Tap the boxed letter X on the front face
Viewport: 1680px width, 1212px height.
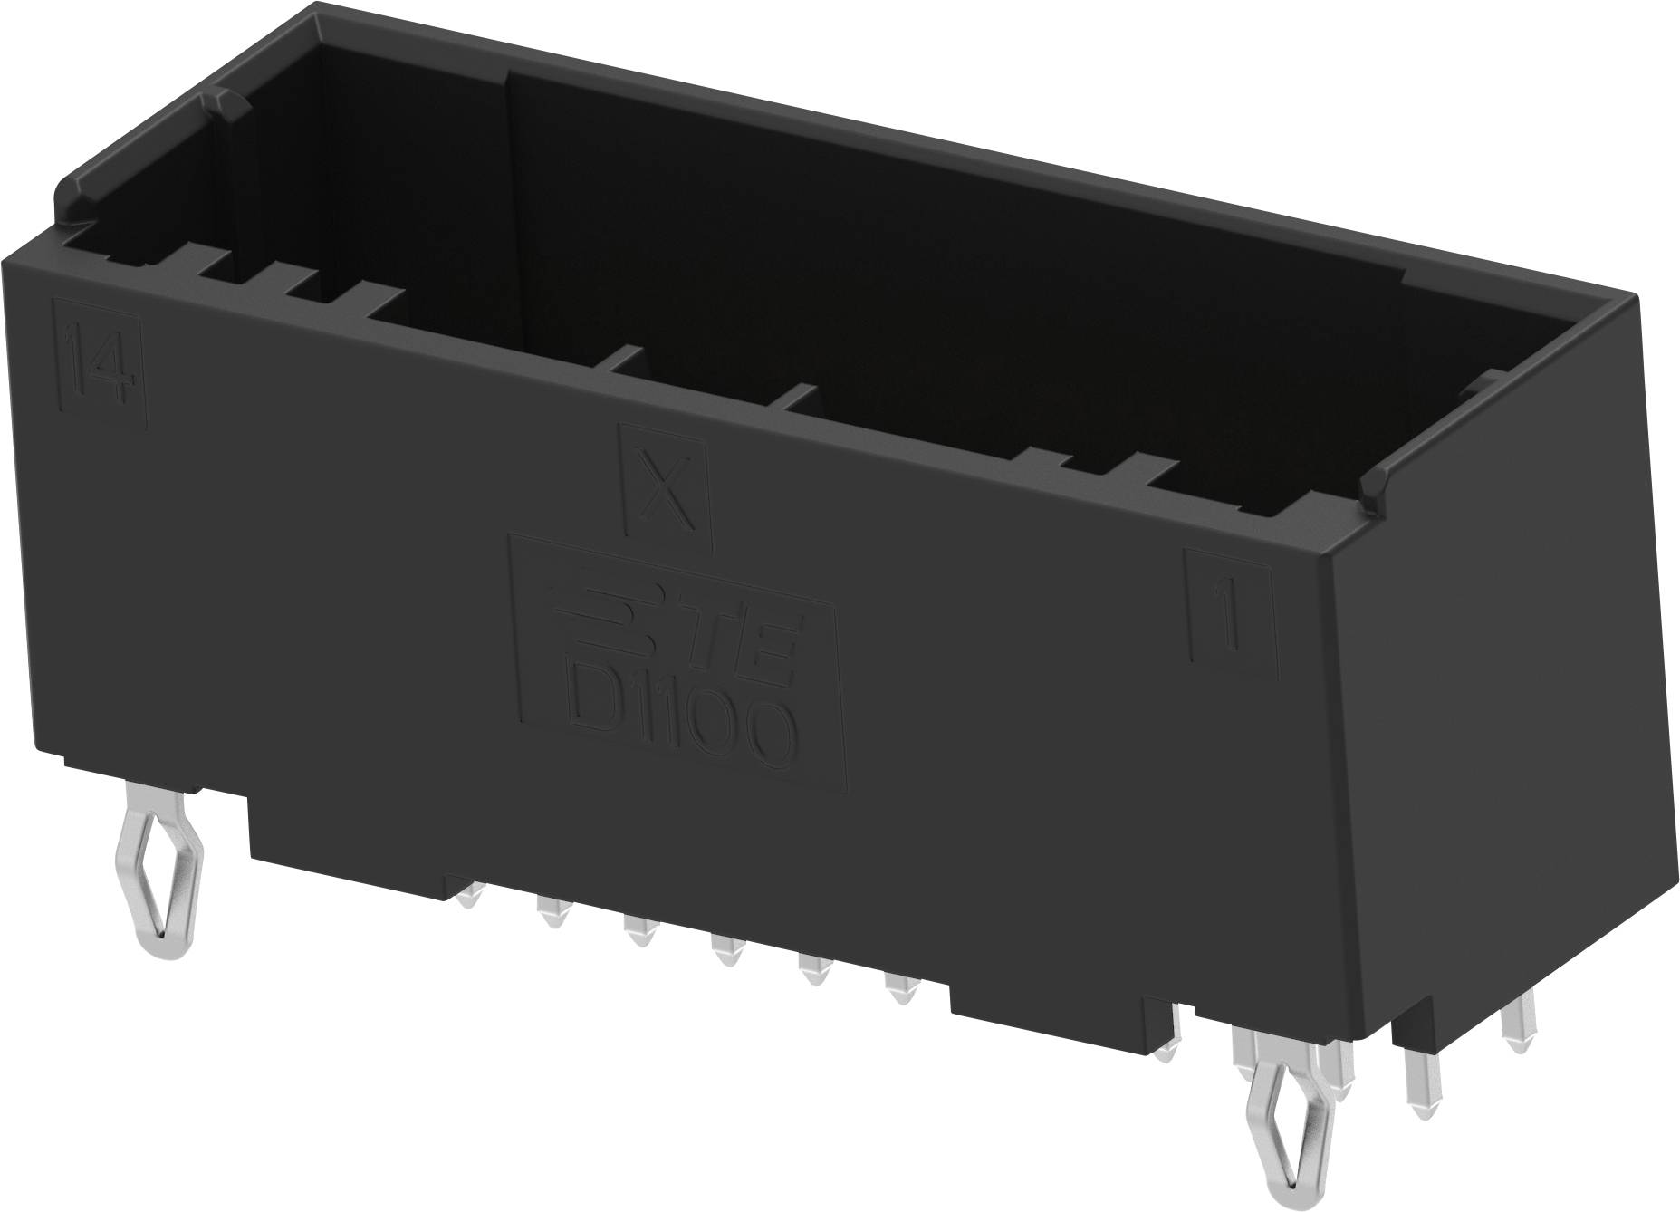tap(666, 490)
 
